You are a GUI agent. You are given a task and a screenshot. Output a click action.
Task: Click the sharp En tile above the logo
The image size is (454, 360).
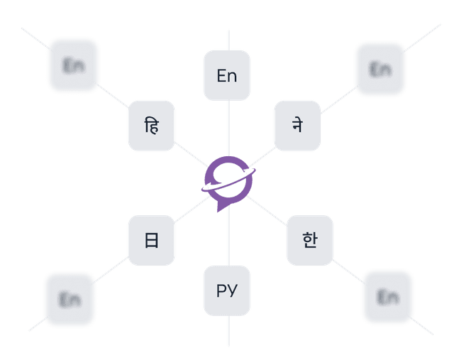227,75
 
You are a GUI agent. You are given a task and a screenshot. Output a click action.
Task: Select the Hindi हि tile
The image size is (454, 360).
151,126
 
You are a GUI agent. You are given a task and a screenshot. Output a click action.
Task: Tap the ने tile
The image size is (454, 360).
297,126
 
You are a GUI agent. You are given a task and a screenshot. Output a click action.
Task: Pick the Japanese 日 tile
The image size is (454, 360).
151,240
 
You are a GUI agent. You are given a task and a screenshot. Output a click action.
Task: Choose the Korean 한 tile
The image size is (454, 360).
309,240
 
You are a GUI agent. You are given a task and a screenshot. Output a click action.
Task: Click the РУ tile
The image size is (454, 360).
227,290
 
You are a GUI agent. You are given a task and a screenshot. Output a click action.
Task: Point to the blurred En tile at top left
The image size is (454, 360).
73,65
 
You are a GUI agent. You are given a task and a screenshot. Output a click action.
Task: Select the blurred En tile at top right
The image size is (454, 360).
380,69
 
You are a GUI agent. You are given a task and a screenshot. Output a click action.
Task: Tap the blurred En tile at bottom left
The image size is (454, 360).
70,299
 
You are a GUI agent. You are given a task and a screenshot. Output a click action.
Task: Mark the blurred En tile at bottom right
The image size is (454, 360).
387,296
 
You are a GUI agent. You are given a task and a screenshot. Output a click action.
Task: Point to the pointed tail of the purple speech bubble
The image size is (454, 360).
218,209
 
